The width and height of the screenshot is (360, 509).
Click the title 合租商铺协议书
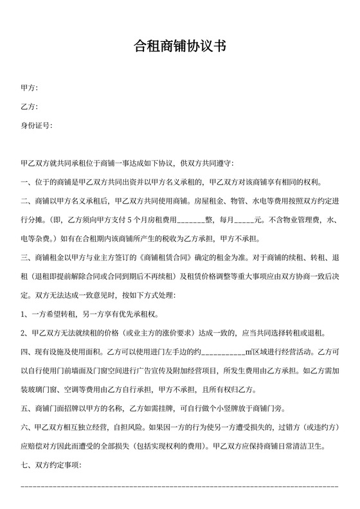click(x=179, y=46)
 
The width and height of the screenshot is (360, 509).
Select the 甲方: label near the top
click(x=29, y=87)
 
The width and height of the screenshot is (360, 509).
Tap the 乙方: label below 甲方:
click(x=29, y=106)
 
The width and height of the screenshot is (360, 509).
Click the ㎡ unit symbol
click(x=249, y=353)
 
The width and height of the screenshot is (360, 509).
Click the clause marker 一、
click(x=26, y=182)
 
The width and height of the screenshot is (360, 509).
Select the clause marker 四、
click(x=26, y=353)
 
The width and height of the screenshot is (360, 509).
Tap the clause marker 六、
click(x=26, y=429)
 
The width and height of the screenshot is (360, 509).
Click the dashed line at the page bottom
click(x=179, y=487)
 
